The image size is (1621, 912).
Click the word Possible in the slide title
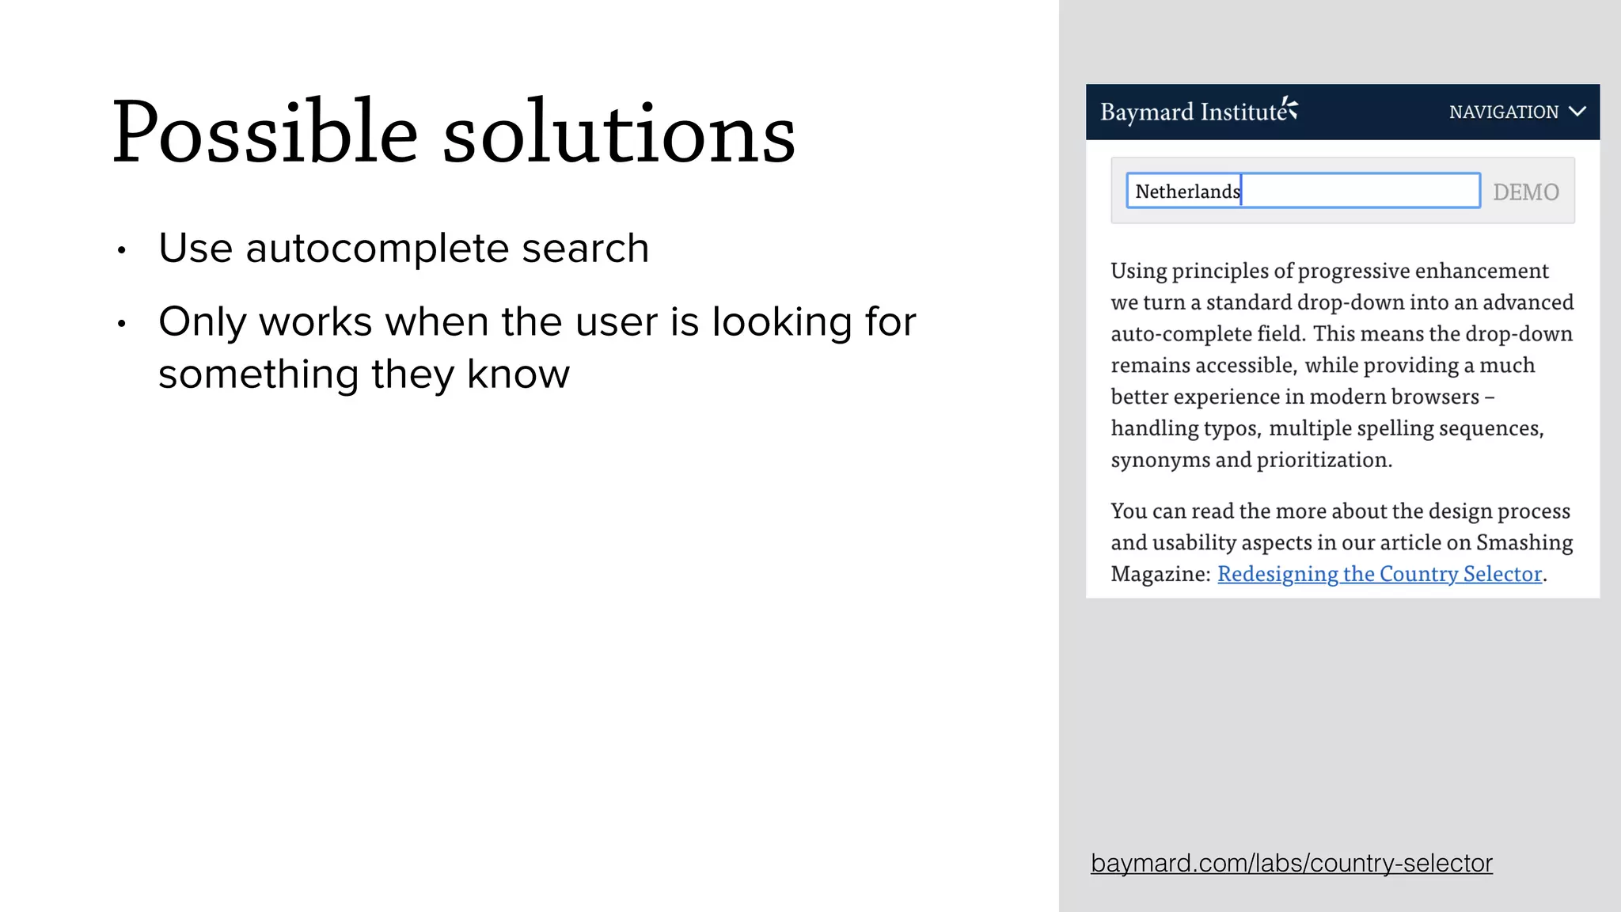(x=264, y=133)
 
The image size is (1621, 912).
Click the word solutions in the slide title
(x=619, y=133)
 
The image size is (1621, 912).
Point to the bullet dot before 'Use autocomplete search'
(x=121, y=251)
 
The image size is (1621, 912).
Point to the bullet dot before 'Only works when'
(x=121, y=324)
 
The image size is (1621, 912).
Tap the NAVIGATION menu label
(x=1503, y=112)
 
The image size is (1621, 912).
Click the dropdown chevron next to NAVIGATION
(x=1577, y=112)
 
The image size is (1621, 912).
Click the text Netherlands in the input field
(x=1187, y=192)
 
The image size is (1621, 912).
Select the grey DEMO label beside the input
(x=1525, y=192)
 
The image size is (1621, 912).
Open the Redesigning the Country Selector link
(x=1380, y=574)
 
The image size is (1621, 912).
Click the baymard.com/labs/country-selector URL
(x=1291, y=863)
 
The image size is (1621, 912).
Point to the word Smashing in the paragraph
(x=1524, y=542)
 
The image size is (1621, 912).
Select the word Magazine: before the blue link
(x=1160, y=574)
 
